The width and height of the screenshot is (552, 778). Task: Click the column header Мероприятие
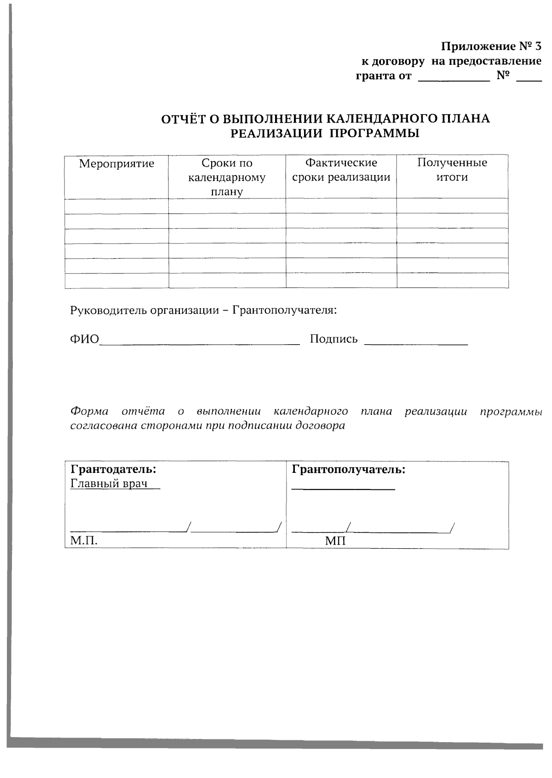[x=116, y=164]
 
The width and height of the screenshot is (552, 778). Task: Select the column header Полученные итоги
[x=452, y=170]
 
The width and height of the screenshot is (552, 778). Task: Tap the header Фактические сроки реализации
[x=341, y=170]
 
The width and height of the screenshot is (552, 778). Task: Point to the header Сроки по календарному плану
[x=227, y=177]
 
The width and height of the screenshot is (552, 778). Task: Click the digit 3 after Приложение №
[x=539, y=46]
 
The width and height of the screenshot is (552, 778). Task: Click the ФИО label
[x=85, y=339]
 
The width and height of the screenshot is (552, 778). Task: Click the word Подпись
[x=334, y=339]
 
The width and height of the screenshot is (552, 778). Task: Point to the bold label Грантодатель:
[x=113, y=470]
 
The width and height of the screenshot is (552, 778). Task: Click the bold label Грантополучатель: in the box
[x=349, y=470]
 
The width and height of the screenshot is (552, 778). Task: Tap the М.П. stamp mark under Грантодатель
[x=84, y=541]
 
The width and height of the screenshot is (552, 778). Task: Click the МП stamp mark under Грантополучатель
[x=335, y=541]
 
